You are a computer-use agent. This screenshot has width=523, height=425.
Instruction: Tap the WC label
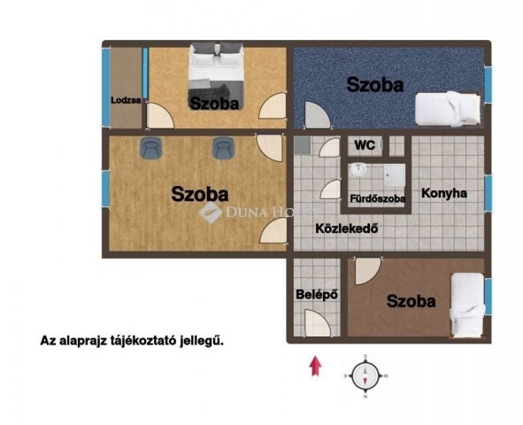click(x=364, y=144)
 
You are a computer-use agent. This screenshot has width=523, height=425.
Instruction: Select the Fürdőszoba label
click(x=378, y=198)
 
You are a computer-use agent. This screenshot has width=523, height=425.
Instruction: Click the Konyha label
click(x=443, y=193)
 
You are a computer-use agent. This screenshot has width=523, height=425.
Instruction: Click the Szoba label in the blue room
click(x=375, y=85)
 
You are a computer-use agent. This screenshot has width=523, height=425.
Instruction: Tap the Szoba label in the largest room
click(x=200, y=192)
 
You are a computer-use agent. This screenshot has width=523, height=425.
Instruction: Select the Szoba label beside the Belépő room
click(x=411, y=301)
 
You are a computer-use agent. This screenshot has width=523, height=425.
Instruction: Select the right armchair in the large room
click(x=221, y=148)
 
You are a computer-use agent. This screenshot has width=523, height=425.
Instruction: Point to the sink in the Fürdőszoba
click(x=358, y=170)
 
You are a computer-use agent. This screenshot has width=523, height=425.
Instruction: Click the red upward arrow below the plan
click(x=312, y=366)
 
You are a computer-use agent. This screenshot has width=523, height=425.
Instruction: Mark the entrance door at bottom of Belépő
click(x=315, y=328)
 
